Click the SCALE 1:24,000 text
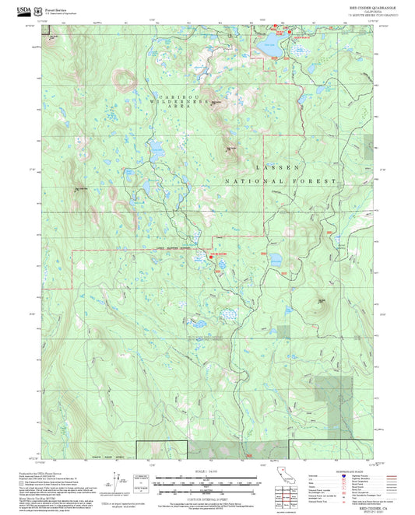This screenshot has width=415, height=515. tap(206, 471)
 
